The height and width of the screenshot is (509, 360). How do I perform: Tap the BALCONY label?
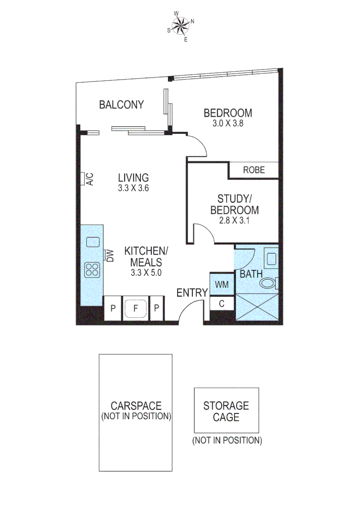[x=121, y=105]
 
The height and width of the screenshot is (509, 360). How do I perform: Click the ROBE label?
[x=254, y=170]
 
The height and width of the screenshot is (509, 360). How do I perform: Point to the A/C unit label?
[x=90, y=179]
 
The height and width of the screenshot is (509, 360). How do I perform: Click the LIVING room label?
[x=133, y=178]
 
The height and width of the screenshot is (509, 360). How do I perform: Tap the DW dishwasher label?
[x=110, y=255]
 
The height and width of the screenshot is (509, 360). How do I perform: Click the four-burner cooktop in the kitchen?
[x=92, y=270]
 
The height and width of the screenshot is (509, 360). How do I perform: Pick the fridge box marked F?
[x=136, y=309]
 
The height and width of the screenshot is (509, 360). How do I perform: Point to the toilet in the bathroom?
[x=268, y=283]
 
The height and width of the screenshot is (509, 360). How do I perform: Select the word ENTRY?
[x=192, y=293]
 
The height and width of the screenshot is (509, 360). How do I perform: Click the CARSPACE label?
[x=136, y=406]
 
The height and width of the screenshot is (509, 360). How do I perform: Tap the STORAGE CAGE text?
[x=226, y=411]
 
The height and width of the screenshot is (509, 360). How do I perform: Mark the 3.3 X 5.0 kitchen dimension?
[x=147, y=272]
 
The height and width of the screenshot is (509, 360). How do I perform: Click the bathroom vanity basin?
[x=271, y=259]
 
